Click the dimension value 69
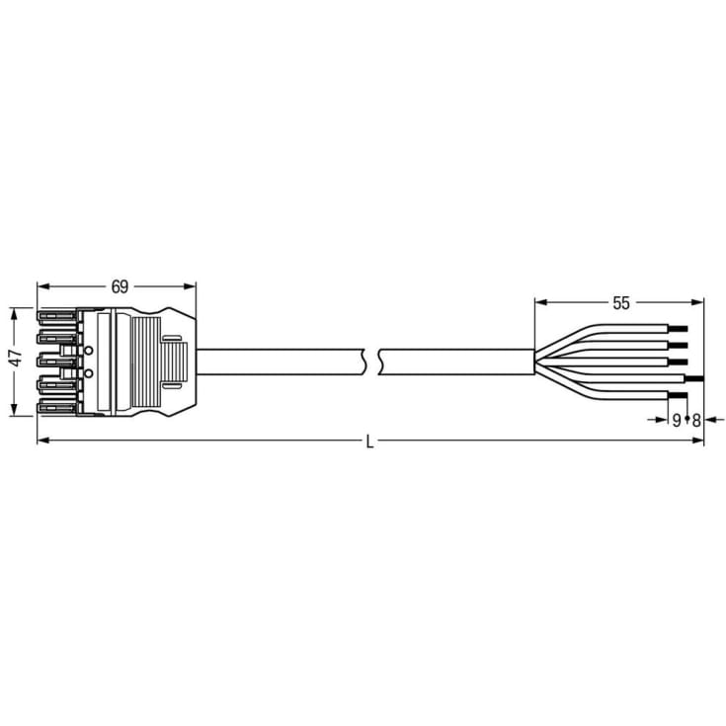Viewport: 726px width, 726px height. click(x=119, y=287)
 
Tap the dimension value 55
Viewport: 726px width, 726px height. click(x=620, y=303)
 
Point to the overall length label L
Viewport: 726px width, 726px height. click(x=369, y=443)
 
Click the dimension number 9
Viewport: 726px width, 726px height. click(x=677, y=420)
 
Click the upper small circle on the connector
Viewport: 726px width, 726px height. click(x=88, y=351)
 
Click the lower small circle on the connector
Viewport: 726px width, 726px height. click(x=88, y=373)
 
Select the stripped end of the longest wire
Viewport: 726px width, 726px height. click(x=694, y=378)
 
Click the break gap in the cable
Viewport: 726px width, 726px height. click(x=371, y=362)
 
